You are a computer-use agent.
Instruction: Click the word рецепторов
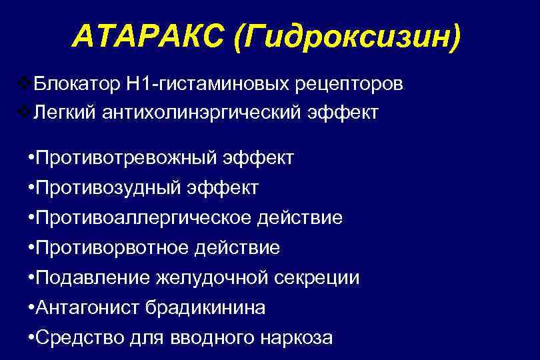[x=345, y=85]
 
